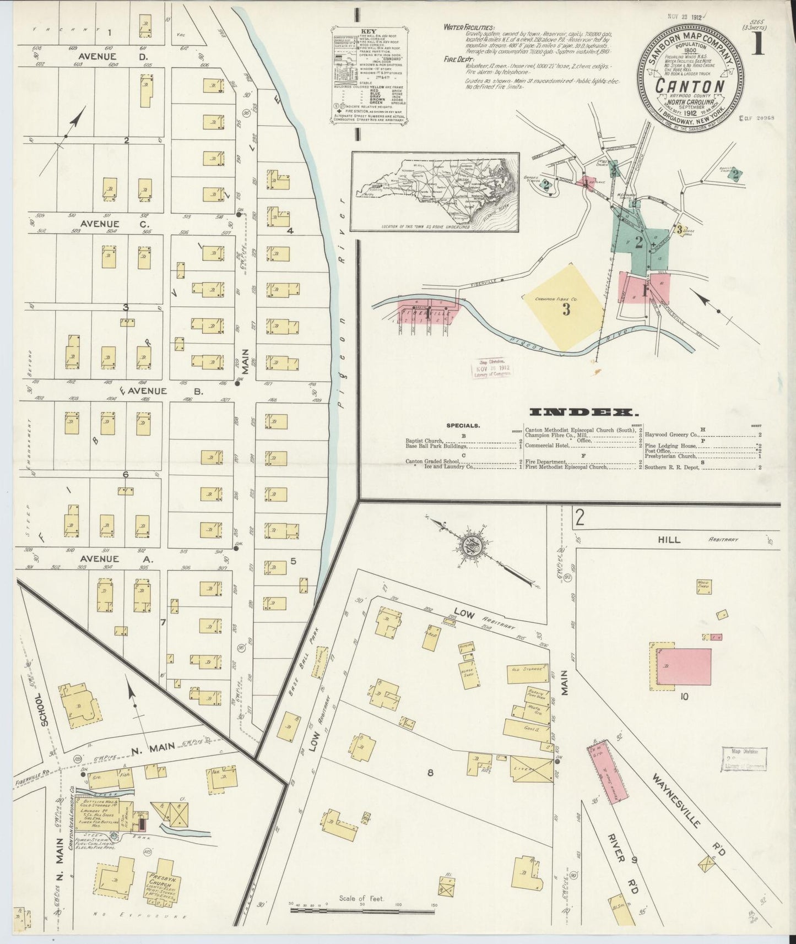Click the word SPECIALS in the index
click(462, 426)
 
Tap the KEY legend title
click(367, 31)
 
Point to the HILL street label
click(669, 539)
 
